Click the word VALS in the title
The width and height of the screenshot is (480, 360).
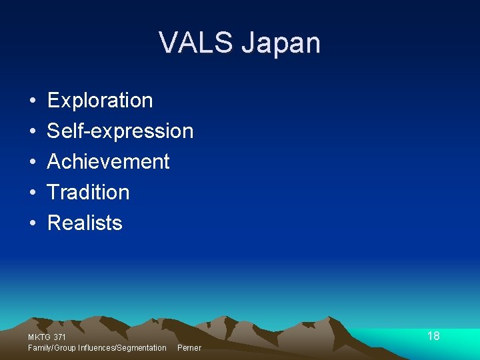click(x=196, y=43)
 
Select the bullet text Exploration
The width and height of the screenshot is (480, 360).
click(x=100, y=101)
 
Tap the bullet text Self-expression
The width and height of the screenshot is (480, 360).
click(x=120, y=131)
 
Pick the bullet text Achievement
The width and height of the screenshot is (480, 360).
click(x=108, y=161)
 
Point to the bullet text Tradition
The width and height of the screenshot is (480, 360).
click(x=88, y=192)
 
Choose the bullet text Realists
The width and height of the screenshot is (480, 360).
click(x=85, y=223)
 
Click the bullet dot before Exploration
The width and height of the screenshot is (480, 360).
click(x=32, y=101)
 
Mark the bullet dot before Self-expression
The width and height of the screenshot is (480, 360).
click(x=32, y=132)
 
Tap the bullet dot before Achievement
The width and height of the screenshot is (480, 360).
click(x=32, y=163)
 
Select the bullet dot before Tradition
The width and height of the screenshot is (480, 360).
click(x=32, y=193)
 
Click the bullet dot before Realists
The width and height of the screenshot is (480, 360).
click(x=32, y=224)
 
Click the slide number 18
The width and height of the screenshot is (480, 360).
click(x=433, y=336)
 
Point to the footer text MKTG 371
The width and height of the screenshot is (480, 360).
click(x=47, y=338)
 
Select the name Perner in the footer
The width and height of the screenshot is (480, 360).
click(x=189, y=348)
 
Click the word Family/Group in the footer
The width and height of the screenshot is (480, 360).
click(x=52, y=348)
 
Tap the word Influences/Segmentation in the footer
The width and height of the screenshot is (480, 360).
click(x=122, y=348)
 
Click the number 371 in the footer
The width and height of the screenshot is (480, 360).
click(x=59, y=338)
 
